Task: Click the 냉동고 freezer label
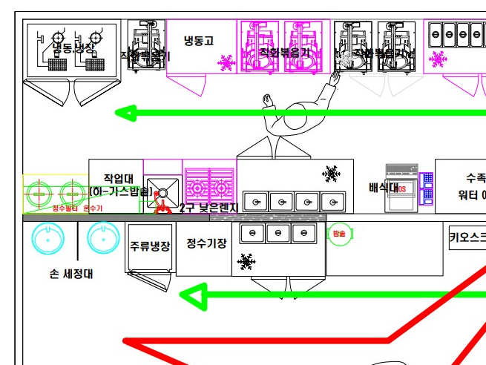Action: [x=199, y=41]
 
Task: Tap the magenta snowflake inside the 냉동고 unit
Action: [x=226, y=63]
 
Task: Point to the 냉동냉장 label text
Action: [x=73, y=48]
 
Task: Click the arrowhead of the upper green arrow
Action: [x=125, y=114]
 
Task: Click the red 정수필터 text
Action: [x=65, y=208]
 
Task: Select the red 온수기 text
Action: [x=93, y=208]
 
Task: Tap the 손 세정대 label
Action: [x=71, y=274]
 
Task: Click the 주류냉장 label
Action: [x=150, y=246]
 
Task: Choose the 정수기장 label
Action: [x=206, y=243]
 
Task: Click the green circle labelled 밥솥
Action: [x=338, y=234]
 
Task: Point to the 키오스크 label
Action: [x=467, y=238]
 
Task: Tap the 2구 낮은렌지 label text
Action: [x=208, y=208]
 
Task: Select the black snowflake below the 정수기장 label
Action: [x=245, y=261]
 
